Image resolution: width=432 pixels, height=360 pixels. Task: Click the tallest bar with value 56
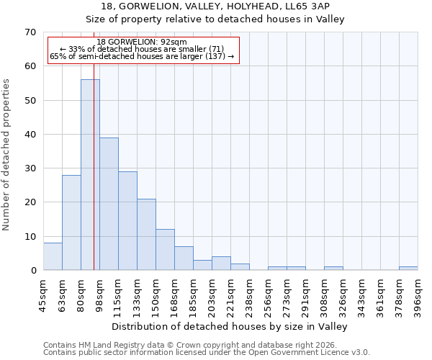point(90,175)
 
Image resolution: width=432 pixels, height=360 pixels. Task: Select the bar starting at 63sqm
point(71,222)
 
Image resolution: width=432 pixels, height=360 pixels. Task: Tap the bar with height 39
point(109,204)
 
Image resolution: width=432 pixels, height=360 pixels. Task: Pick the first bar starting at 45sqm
point(53,256)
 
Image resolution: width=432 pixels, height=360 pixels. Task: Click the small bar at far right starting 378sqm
point(408,269)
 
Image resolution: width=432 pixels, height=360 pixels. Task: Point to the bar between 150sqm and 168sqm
point(165,250)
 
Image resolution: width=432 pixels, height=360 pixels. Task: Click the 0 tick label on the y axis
point(32,271)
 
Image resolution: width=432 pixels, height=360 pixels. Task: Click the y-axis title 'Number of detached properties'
point(7,155)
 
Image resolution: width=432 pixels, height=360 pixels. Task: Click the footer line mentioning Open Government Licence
point(207,352)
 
